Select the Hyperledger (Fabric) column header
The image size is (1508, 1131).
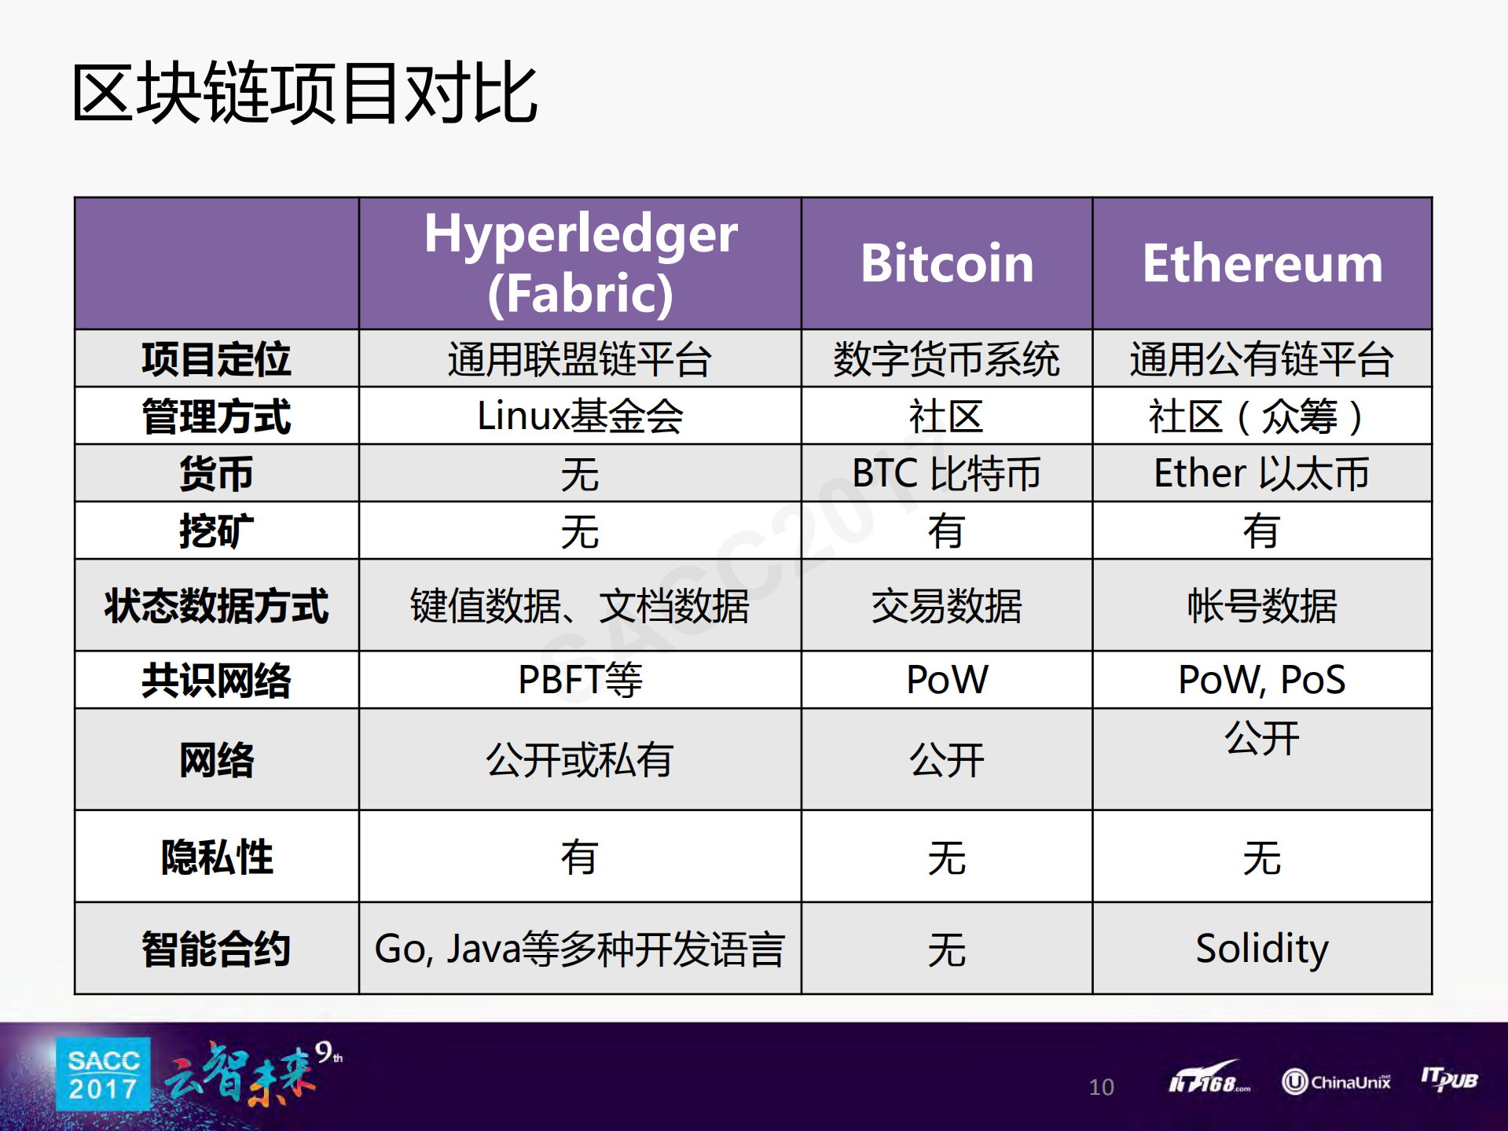click(580, 263)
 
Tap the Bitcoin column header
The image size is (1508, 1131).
click(946, 263)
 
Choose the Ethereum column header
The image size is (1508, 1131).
click(1261, 263)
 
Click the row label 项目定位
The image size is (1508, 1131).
click(216, 359)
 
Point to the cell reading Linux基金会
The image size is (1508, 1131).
click(580, 416)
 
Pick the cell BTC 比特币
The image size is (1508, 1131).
click(946, 473)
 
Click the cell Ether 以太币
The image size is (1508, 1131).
click(1261, 473)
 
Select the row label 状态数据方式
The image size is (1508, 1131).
click(216, 605)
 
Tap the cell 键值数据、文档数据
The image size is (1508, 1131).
click(580, 605)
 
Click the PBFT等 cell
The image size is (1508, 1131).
click(580, 680)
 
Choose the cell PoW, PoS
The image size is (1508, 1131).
click(1261, 680)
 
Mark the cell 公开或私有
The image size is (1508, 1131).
click(580, 760)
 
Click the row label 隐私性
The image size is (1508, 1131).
click(216, 857)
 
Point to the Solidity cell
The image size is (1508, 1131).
click(1261, 949)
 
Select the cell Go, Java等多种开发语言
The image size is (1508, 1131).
click(580, 949)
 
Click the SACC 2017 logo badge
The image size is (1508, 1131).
click(103, 1074)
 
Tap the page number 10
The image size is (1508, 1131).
click(1101, 1087)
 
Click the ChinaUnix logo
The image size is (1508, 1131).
click(1335, 1082)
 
